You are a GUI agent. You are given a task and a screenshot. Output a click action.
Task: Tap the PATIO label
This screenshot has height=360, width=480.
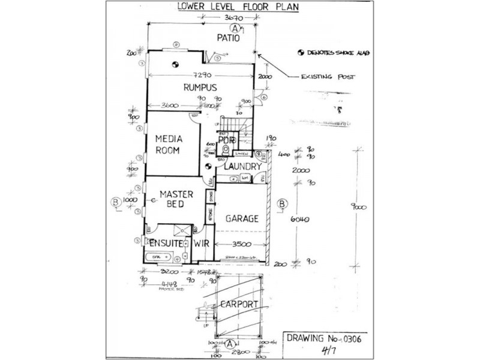[229, 38]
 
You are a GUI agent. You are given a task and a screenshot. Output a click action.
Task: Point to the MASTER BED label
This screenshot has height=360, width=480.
[176, 199]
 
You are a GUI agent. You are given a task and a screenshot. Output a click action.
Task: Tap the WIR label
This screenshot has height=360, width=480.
[200, 245]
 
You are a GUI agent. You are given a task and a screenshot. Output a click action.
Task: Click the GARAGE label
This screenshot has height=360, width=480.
[241, 219]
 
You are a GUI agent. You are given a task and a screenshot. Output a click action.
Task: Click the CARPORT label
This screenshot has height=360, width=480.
[239, 304]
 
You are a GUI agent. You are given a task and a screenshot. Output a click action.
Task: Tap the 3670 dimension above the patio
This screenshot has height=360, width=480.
[229, 18]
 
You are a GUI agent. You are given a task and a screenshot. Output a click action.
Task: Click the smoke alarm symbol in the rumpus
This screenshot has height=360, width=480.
[175, 64]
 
